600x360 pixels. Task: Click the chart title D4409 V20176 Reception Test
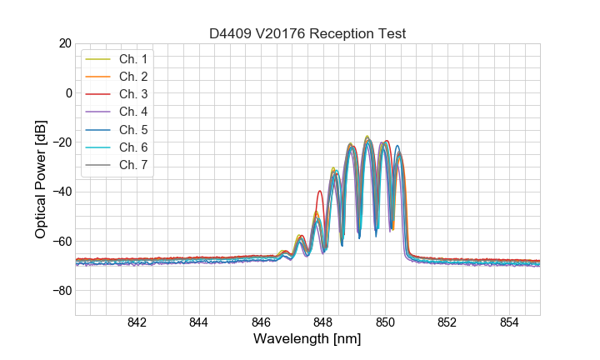pos(307,33)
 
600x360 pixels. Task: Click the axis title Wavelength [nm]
pos(307,340)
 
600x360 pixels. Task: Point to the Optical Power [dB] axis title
pos(41,179)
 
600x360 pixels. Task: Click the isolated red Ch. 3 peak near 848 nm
pos(319,192)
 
